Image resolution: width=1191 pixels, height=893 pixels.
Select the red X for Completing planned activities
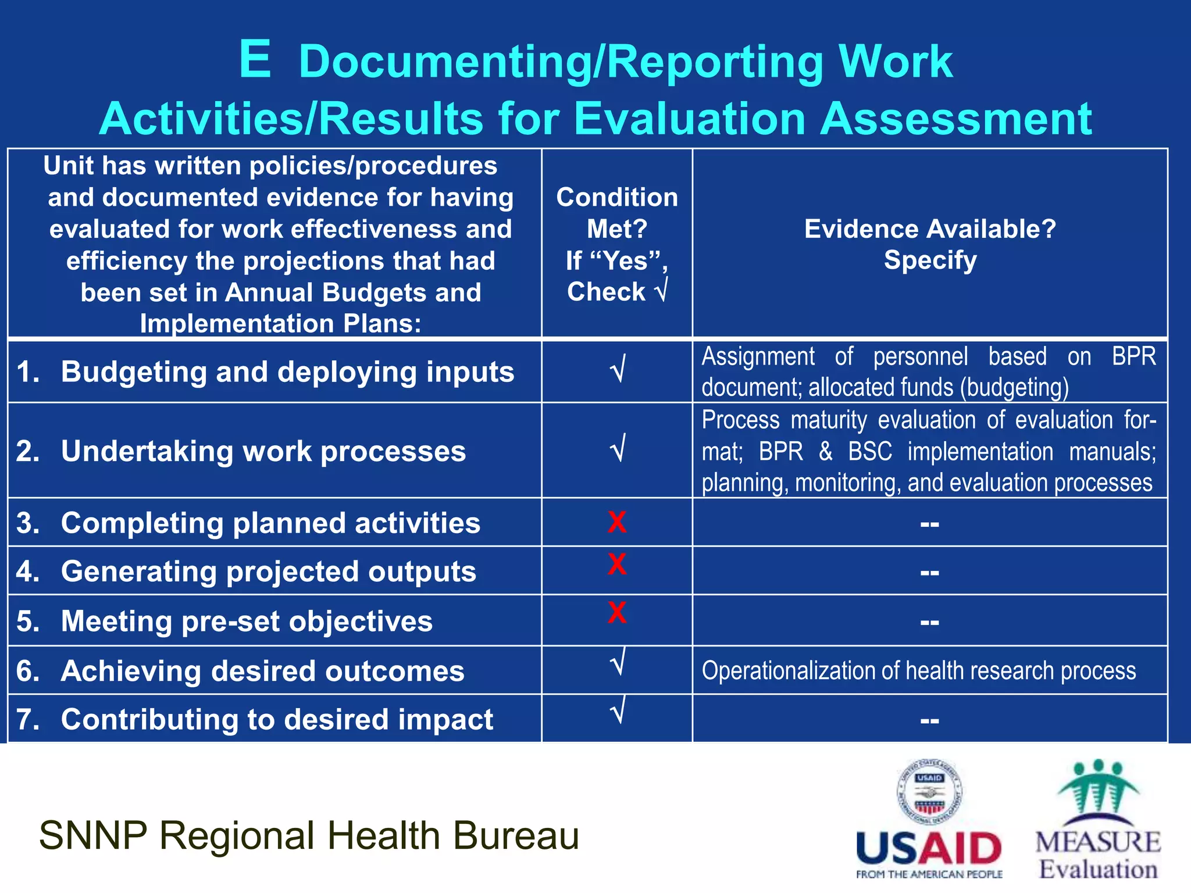point(617,522)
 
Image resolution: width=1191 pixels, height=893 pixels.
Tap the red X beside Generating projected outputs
point(617,565)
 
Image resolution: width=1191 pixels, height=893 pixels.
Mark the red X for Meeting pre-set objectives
point(617,613)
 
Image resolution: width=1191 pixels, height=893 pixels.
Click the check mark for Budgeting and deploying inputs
point(618,370)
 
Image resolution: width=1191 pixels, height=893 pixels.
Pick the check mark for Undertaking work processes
point(618,449)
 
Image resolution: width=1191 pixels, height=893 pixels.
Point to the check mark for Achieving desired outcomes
point(618,663)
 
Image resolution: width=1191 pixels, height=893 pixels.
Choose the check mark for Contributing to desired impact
point(618,711)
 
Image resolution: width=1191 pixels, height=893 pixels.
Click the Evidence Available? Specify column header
point(930,244)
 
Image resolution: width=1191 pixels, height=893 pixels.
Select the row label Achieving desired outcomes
point(263,671)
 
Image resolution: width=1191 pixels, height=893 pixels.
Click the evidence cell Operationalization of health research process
point(918,671)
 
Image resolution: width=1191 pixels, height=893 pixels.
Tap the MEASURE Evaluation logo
point(1097,820)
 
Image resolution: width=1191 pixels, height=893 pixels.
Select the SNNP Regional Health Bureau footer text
point(309,835)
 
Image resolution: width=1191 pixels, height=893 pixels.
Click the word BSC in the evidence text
point(869,452)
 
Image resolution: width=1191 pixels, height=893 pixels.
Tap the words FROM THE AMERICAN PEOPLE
point(929,874)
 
